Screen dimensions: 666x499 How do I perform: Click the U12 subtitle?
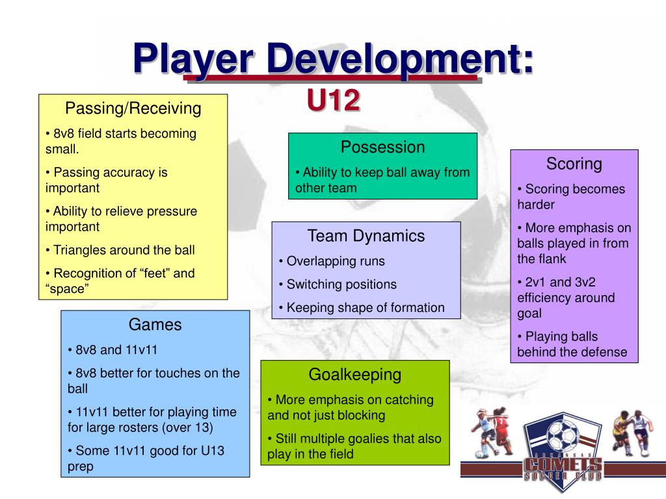tap(333, 101)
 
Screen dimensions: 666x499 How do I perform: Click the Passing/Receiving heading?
tap(133, 108)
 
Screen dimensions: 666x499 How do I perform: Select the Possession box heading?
tap(382, 147)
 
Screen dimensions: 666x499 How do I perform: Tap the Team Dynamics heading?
tap(366, 236)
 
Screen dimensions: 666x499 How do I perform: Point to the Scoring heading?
tap(574, 164)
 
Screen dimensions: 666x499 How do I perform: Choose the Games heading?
tap(155, 324)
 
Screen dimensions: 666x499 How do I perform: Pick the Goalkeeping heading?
tap(354, 374)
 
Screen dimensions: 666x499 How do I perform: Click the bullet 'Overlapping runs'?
tap(336, 261)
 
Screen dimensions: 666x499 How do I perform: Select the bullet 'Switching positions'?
tap(341, 285)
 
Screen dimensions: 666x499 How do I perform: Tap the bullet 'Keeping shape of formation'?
tap(366, 308)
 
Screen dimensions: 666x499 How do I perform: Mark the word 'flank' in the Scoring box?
tap(550, 259)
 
